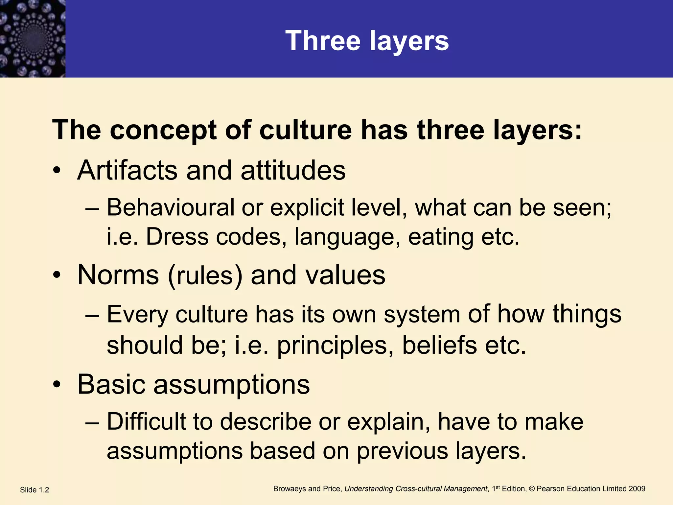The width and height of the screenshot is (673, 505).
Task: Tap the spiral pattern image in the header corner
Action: [33, 38]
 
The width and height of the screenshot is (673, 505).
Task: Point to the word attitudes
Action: [293, 170]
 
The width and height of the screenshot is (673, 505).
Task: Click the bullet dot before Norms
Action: [57, 275]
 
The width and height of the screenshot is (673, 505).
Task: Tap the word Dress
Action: [177, 236]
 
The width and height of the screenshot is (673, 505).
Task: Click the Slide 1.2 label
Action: [35, 490]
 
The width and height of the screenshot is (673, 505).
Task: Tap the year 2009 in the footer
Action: [637, 489]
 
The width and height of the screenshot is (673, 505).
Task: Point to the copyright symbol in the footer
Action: [531, 489]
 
